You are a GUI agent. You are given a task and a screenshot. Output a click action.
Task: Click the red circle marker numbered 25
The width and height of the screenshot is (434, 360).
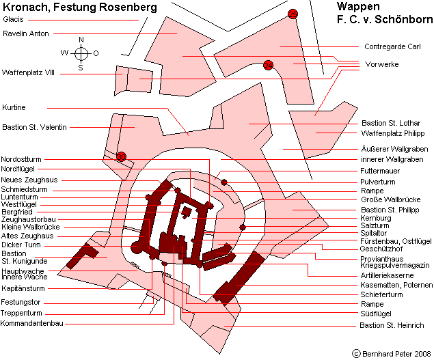point(293,14)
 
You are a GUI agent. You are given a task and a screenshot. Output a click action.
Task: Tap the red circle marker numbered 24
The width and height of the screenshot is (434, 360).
point(268,66)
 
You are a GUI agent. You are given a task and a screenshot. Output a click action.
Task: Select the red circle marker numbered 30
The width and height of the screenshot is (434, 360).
point(121,157)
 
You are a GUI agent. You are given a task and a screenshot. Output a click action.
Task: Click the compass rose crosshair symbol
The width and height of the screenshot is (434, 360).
point(81,53)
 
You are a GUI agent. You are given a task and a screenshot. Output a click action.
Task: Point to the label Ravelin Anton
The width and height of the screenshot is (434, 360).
point(26,33)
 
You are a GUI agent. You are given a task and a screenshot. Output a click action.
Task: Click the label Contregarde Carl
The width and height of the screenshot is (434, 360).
point(392,46)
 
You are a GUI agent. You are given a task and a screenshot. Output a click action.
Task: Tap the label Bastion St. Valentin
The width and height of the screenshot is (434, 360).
point(35,127)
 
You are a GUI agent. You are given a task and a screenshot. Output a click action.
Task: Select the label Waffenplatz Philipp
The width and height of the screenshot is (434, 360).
point(393,133)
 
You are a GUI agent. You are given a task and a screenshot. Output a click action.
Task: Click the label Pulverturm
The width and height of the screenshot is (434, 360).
point(377,182)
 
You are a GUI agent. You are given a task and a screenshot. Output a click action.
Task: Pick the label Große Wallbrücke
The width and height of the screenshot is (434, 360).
point(390,199)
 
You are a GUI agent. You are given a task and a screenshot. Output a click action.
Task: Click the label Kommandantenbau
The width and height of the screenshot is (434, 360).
point(32,323)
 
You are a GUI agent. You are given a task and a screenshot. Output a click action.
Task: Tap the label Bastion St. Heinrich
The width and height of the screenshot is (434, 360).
point(392,325)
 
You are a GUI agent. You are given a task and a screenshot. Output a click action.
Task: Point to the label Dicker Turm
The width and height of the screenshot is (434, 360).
point(21,245)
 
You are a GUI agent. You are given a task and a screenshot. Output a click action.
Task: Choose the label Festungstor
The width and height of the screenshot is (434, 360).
point(21,302)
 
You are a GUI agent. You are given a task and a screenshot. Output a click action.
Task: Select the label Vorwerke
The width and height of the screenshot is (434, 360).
point(382,64)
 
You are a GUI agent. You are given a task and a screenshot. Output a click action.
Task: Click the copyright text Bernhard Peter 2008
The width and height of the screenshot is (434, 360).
point(396,354)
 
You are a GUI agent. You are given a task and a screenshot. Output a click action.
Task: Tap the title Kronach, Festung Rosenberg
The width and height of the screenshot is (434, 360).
point(80,7)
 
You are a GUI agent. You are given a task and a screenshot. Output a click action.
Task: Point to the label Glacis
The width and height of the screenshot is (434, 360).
point(13,19)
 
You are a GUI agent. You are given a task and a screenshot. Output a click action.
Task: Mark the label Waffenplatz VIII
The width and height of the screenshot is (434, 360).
point(28,73)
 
